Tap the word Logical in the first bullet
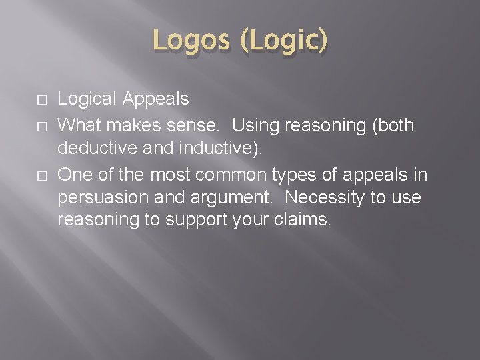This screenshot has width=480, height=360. click(89, 100)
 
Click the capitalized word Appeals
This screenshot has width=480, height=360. click(156, 100)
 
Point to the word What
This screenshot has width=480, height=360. click(77, 125)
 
